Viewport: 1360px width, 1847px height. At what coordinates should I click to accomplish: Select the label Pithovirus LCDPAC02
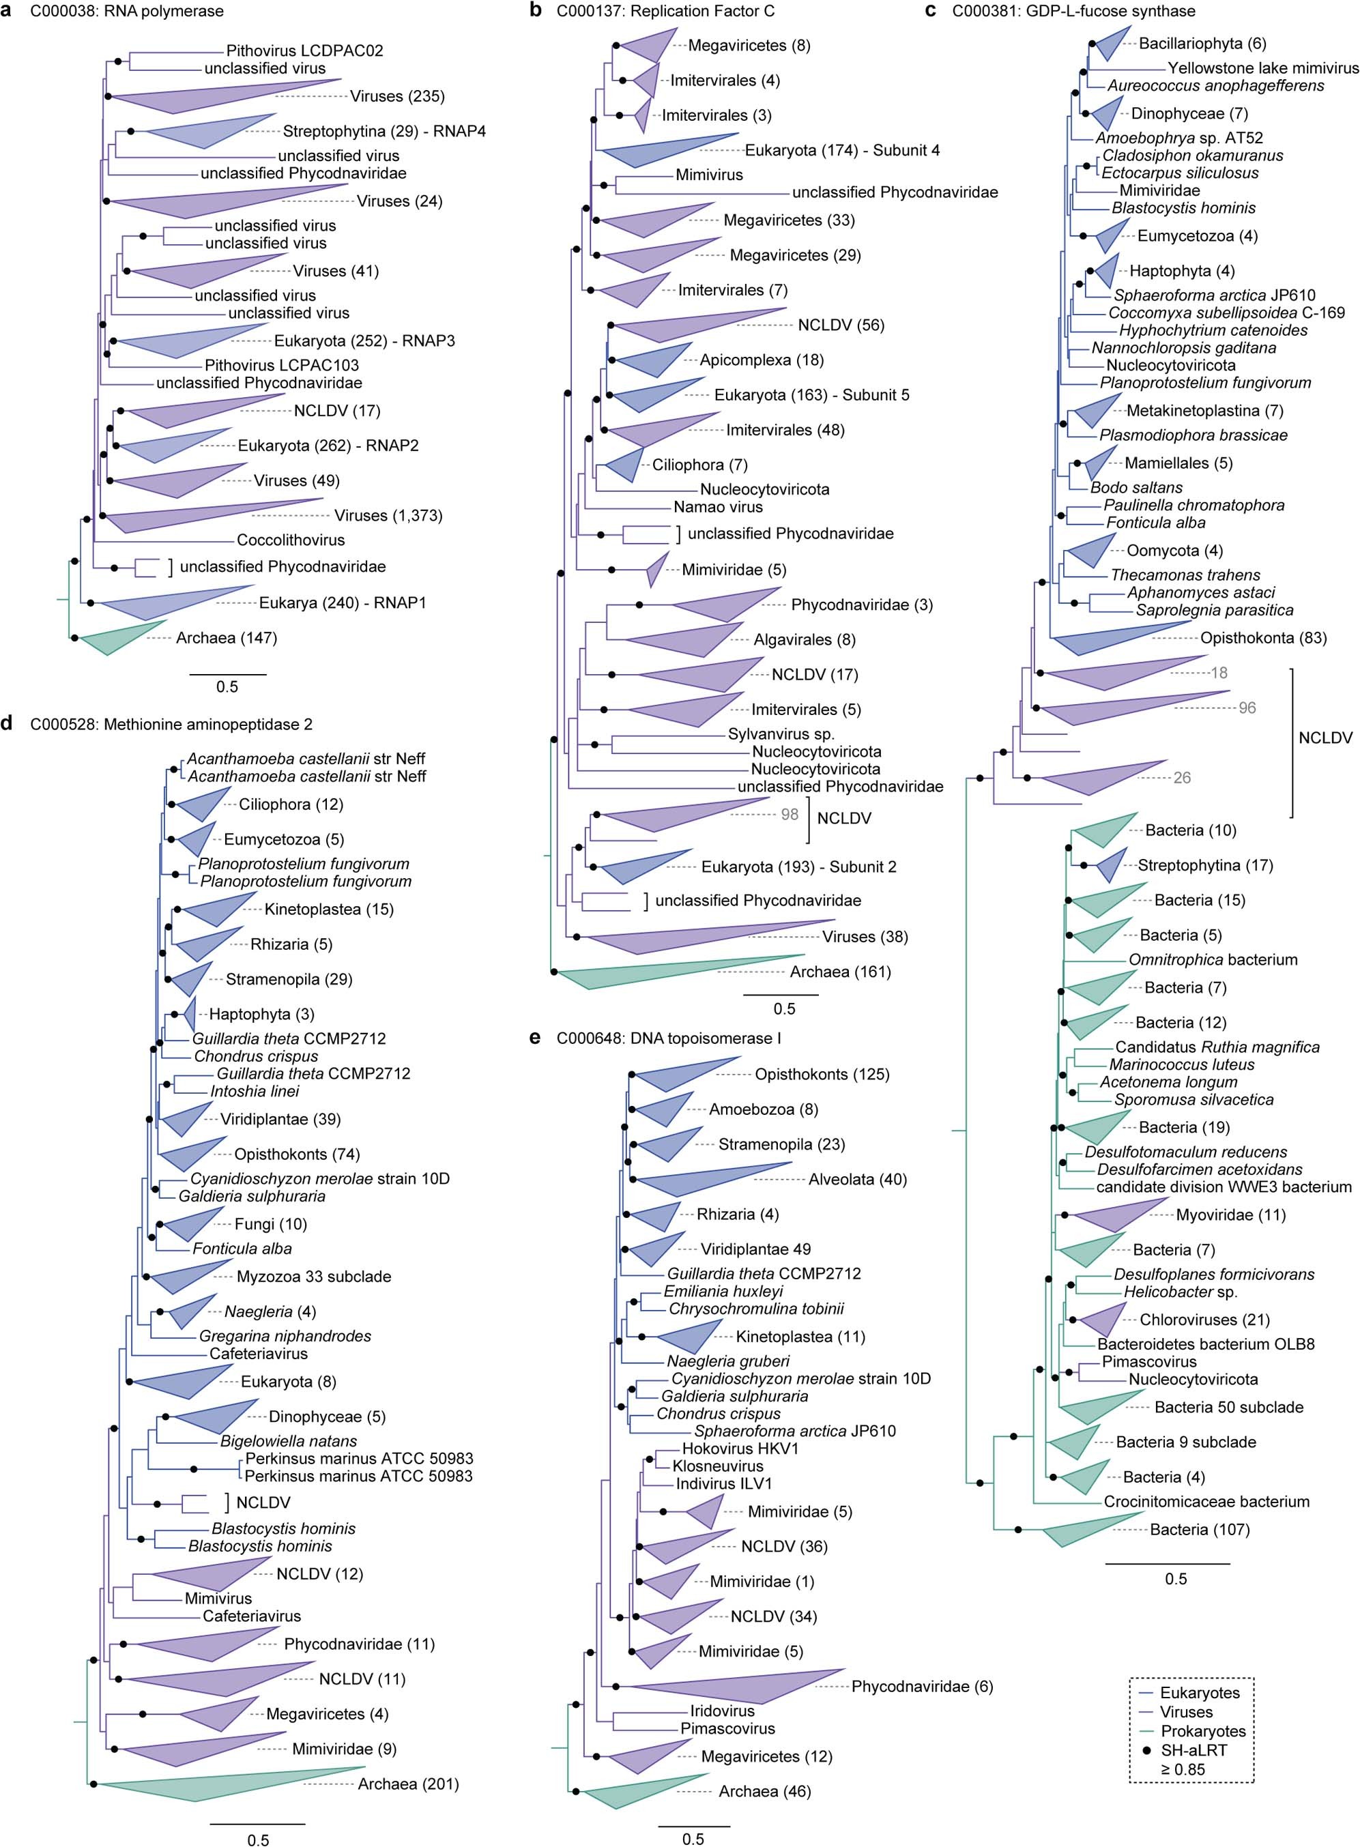(x=304, y=51)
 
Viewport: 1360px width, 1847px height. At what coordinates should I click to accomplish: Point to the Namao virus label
(x=718, y=507)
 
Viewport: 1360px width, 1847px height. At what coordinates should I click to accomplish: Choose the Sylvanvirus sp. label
(x=781, y=734)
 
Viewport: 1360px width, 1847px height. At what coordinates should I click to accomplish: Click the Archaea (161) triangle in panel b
(x=659, y=973)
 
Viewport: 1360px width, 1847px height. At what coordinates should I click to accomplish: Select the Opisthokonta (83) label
(x=1263, y=638)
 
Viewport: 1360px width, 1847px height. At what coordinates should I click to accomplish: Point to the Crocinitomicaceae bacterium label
(x=1206, y=1501)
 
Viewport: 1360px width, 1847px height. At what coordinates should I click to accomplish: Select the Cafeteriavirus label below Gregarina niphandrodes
(x=258, y=1354)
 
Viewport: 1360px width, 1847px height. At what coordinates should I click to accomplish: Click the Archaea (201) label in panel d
(x=408, y=1784)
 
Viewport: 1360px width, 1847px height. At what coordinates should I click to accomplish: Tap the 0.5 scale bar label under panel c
(x=1175, y=1579)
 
